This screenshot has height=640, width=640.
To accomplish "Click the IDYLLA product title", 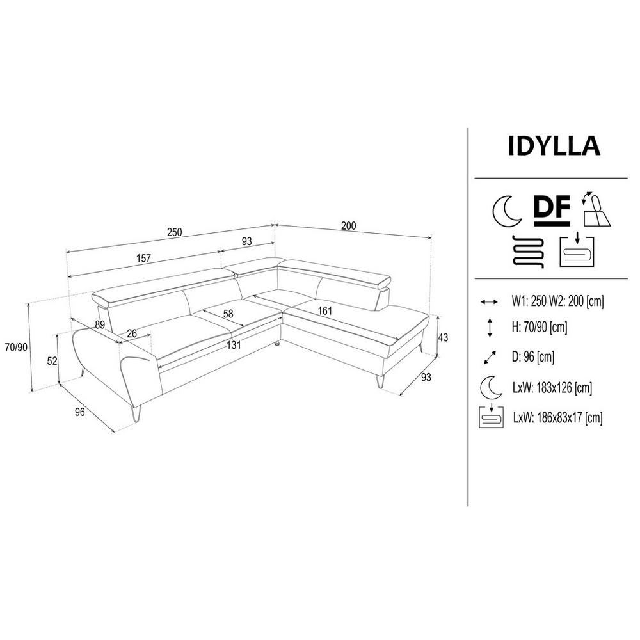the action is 554,145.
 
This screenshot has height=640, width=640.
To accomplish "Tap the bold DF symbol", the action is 552,210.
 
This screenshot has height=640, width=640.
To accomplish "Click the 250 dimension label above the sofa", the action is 174,232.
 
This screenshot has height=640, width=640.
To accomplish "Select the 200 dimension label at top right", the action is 349,226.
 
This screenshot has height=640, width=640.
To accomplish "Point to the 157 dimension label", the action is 143,258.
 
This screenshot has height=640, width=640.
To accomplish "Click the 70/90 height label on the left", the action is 16,347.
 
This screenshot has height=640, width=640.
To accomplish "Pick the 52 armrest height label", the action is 52,361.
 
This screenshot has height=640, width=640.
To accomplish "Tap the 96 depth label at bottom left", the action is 80,412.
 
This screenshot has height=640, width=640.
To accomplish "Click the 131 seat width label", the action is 234,346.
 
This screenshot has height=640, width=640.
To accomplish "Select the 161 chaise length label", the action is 325,311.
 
